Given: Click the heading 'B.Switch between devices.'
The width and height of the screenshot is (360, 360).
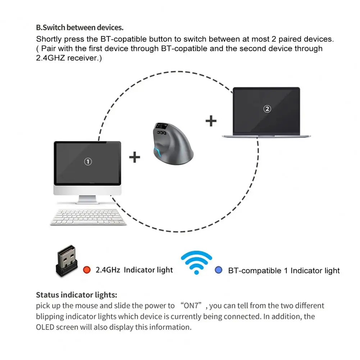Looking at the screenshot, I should pos(79,27).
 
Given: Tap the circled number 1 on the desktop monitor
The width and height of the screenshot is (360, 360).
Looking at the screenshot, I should pos(88,161).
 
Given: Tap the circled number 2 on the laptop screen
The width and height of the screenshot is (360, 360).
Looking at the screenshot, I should pos(267,109).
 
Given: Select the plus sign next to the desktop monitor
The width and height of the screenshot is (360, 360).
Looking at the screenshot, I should pos(135,157).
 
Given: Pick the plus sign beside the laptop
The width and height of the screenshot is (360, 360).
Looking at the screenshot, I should pos(211,121).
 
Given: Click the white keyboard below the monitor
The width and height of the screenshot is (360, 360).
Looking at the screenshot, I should pos(88,217).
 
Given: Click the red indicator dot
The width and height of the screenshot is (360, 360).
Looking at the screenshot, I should pos(87,270).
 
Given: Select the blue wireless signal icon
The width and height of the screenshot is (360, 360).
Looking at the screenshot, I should pos(196,263).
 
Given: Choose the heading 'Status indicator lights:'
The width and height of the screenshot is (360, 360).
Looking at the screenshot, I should pos(76,295).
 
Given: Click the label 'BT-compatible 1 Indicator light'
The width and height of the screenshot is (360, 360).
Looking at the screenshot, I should pos(284,270).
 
